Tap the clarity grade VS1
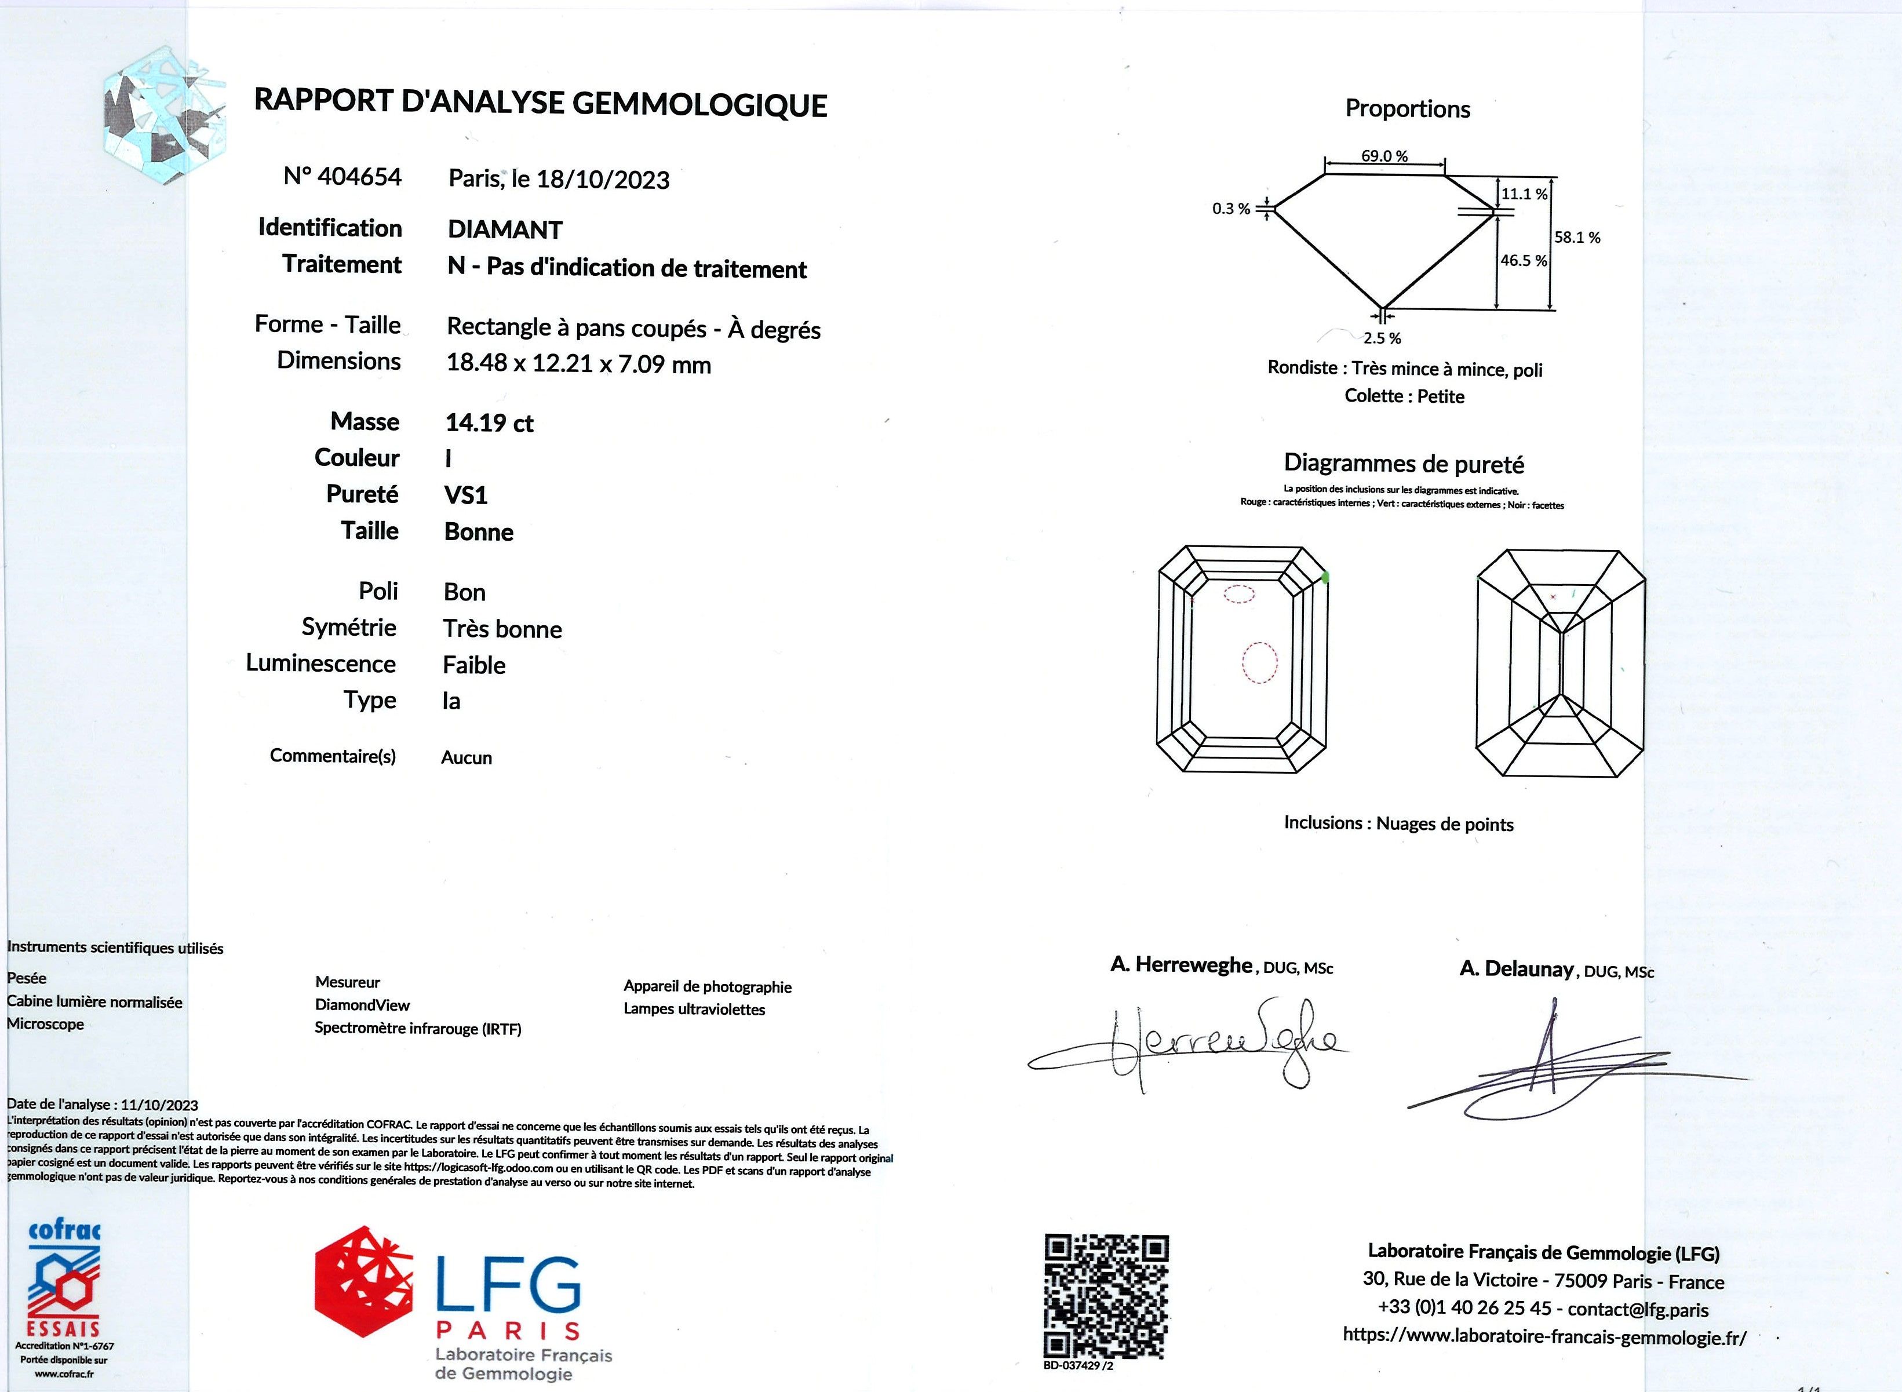coord(465,495)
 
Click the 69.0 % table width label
coord(1384,156)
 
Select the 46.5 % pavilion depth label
coord(1524,260)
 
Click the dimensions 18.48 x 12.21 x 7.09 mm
coord(578,364)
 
